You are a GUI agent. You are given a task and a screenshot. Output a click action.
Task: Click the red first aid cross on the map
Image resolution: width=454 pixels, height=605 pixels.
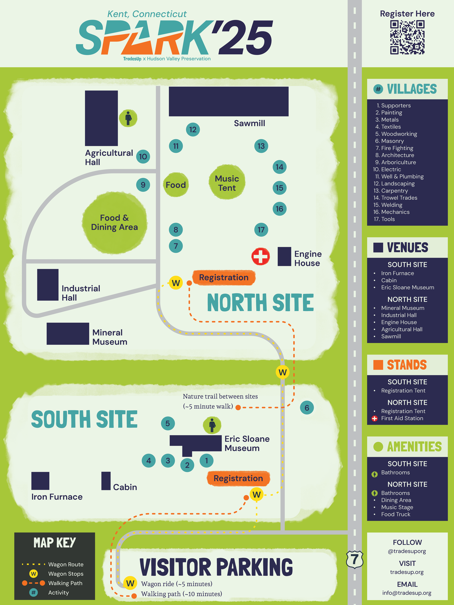point(261,256)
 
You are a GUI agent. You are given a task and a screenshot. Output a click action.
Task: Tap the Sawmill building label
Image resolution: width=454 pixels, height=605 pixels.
point(249,123)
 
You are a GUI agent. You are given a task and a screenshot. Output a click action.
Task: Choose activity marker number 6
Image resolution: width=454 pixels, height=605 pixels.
point(307,408)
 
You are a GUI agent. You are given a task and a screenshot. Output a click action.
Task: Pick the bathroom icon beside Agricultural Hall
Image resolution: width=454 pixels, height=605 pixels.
point(128,118)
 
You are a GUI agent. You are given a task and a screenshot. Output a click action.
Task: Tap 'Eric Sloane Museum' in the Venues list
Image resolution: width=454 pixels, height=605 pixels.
point(408,287)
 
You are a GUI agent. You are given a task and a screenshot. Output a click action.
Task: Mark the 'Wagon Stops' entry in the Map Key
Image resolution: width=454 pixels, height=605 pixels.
point(66,574)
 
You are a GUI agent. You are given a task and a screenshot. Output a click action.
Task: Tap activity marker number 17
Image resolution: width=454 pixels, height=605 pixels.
point(261,230)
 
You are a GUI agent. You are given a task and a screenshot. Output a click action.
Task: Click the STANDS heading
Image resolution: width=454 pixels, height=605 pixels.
point(407,365)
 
